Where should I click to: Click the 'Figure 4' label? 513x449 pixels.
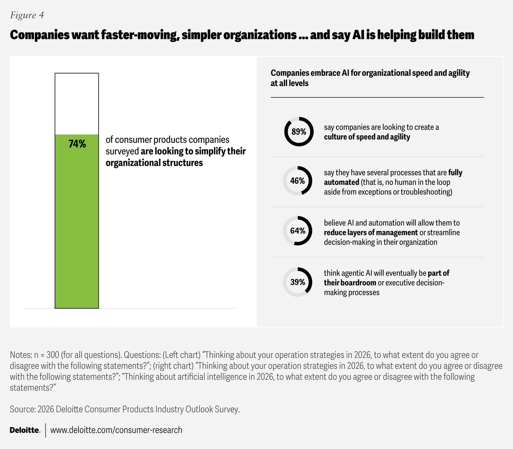pos(27,15)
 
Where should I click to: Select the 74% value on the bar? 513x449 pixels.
pos(77,144)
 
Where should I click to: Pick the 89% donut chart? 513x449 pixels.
pos(299,131)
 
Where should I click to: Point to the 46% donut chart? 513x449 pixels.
pos(298,181)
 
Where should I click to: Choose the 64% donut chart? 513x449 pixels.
pos(298,231)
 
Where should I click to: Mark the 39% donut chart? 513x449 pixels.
pos(298,282)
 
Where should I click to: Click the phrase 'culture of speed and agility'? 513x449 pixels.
pos(367,137)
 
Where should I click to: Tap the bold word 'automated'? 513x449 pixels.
pos(342,182)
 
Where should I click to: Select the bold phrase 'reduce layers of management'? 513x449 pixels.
pos(371,232)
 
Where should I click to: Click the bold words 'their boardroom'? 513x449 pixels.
pos(350,283)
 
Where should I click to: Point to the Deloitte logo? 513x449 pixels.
pos(25,430)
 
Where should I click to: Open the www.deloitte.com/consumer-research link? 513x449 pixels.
pos(116,430)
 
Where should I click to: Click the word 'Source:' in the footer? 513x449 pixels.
pos(23,409)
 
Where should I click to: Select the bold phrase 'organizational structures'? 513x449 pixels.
pos(154,163)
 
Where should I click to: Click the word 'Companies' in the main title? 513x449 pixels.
pos(40,35)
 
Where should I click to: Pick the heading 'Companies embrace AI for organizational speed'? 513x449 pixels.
pos(370,73)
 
